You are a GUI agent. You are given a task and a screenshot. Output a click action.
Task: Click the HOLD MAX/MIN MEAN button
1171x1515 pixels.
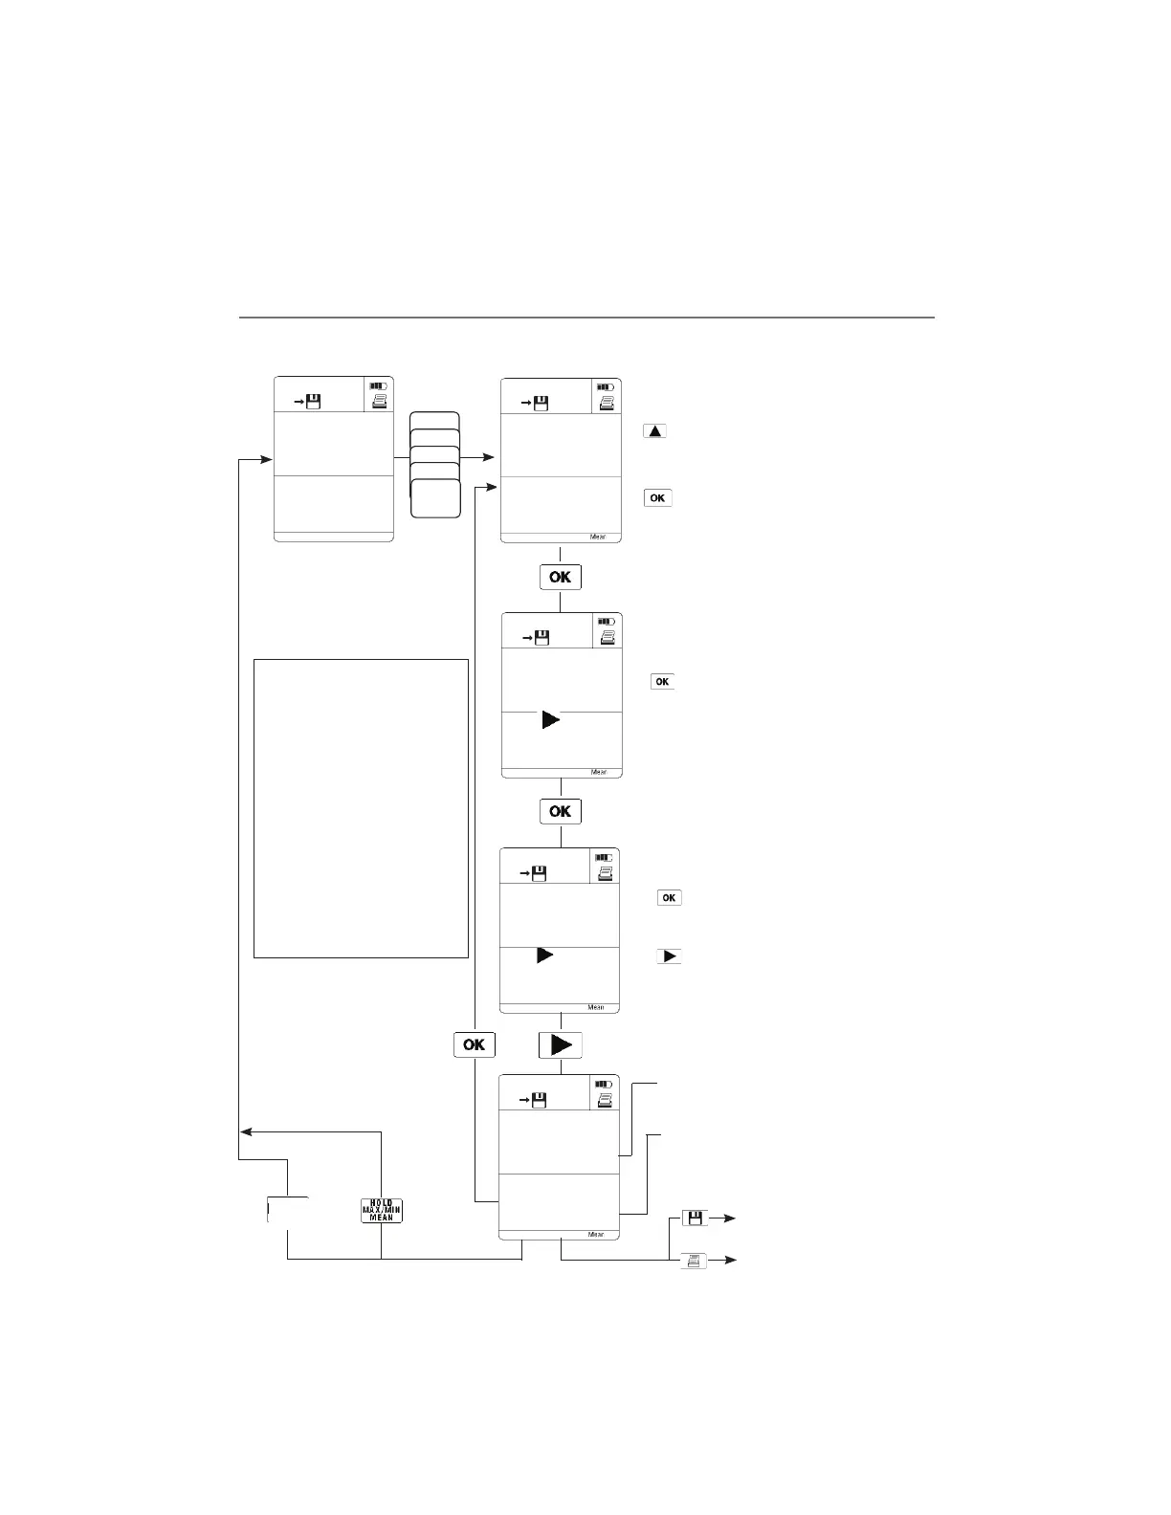[382, 1210]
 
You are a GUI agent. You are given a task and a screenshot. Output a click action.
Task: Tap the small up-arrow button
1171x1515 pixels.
[654, 430]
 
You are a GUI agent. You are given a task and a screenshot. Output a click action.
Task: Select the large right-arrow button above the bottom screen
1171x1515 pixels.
[561, 1044]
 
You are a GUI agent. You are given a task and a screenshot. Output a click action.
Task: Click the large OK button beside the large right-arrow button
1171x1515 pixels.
[474, 1044]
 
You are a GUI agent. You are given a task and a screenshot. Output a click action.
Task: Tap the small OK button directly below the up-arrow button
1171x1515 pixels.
[658, 497]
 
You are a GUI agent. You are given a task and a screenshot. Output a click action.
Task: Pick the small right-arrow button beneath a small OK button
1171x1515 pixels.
[669, 955]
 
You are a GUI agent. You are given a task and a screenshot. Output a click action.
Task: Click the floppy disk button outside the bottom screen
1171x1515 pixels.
[695, 1218]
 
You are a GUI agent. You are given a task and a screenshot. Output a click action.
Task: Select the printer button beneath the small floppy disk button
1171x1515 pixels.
[695, 1261]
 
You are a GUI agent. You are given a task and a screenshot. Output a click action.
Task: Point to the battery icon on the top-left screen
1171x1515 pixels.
[380, 386]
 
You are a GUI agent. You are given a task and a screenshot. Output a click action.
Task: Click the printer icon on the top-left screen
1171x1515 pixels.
[380, 403]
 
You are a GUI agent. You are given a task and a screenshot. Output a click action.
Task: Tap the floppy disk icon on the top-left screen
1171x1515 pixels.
[312, 403]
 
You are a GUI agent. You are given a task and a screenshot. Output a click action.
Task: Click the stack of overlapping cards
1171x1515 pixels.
[435, 465]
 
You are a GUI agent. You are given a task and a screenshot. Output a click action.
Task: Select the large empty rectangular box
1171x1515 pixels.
[361, 807]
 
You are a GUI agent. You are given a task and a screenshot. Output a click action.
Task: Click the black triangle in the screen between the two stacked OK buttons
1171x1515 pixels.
[551, 719]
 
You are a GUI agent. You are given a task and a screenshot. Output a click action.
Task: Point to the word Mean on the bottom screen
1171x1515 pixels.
[596, 1234]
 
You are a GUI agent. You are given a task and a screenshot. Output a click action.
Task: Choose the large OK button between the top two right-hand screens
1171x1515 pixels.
[561, 577]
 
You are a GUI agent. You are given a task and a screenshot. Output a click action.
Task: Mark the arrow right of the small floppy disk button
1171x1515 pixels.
[727, 1218]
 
